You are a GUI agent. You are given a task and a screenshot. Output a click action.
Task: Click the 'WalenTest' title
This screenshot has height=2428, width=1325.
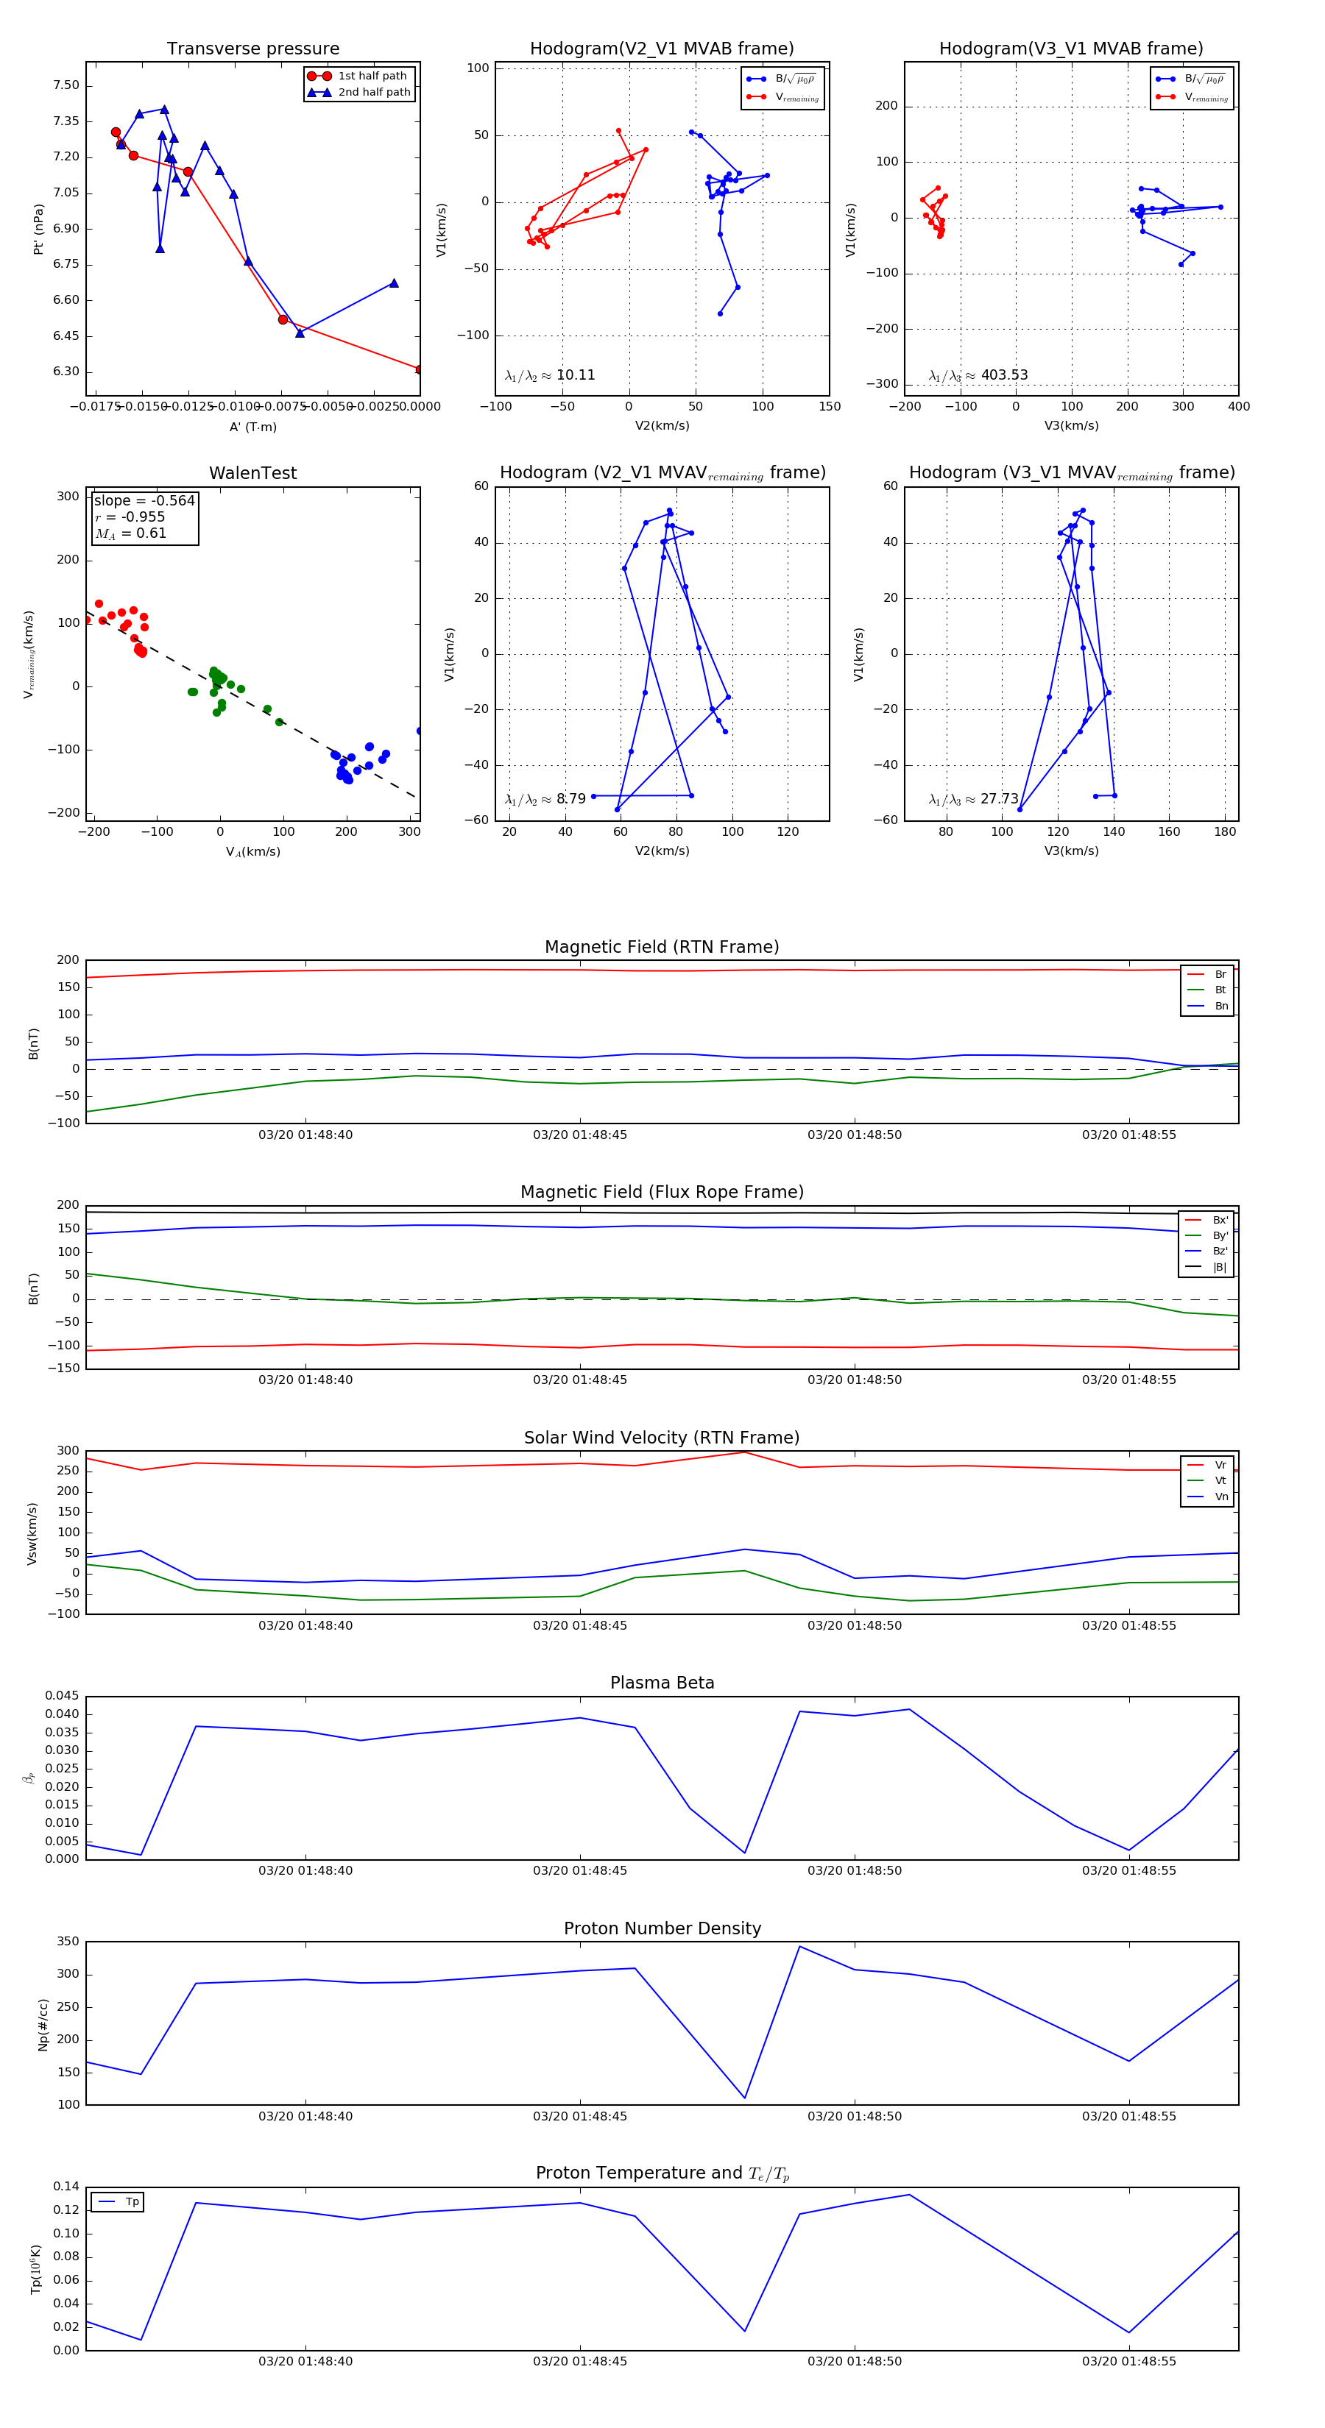point(252,473)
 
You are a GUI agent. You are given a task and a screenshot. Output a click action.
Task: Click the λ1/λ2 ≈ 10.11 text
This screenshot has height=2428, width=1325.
point(550,375)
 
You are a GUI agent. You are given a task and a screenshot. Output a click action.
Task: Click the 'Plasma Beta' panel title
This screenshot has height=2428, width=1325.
point(662,1683)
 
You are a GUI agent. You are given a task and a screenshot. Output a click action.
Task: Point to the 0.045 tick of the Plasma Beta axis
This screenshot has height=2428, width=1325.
point(63,1697)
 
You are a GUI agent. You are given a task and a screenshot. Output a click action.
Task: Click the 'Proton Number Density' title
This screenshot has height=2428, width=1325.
point(662,1928)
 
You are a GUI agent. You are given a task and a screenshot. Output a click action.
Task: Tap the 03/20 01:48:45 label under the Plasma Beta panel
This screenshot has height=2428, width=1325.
point(580,1870)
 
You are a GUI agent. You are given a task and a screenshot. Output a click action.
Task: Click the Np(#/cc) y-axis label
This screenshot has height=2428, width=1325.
point(43,2025)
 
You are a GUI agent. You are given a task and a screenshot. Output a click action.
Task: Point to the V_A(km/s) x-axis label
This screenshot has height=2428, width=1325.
point(252,852)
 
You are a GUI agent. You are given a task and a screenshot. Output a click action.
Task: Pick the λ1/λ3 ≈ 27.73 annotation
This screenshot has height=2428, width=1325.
point(973,799)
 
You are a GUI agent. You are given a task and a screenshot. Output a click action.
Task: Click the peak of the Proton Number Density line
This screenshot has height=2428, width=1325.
point(799,1946)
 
